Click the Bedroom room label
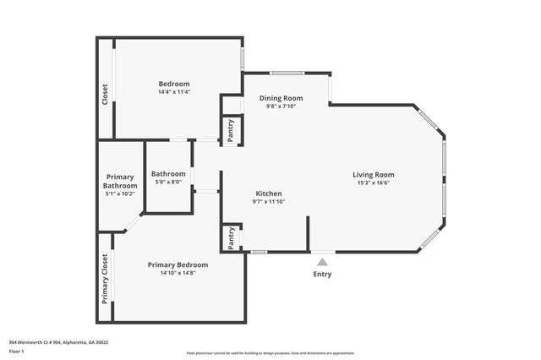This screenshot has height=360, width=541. point(174,84)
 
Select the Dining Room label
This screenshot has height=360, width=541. point(281,98)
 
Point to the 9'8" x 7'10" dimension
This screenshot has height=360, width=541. point(281,106)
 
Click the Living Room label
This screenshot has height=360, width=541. point(374,175)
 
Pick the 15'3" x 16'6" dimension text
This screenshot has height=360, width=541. point(374,183)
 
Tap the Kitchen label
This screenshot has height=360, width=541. point(269,194)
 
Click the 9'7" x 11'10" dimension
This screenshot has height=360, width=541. point(269,202)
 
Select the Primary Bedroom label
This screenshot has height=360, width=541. point(178,265)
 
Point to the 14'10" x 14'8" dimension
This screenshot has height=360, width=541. point(178,273)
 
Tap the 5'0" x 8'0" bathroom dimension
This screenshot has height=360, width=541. point(168,182)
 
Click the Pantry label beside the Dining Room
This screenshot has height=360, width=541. point(231,129)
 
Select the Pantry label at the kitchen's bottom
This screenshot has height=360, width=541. point(231,239)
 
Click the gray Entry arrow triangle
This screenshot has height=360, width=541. point(322,263)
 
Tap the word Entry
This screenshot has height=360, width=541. point(322,274)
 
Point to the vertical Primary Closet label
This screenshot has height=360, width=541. point(106,279)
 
